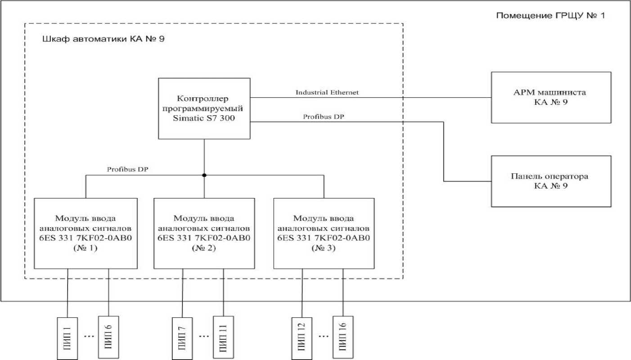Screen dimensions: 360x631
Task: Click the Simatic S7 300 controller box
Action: click(x=204, y=108)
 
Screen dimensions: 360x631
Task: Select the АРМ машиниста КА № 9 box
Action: click(x=551, y=97)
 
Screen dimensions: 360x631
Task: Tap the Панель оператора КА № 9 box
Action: click(x=551, y=181)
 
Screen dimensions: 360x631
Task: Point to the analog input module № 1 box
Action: click(x=86, y=233)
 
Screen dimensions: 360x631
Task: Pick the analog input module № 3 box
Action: click(x=324, y=233)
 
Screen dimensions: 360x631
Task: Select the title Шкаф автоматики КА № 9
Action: click(x=103, y=39)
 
